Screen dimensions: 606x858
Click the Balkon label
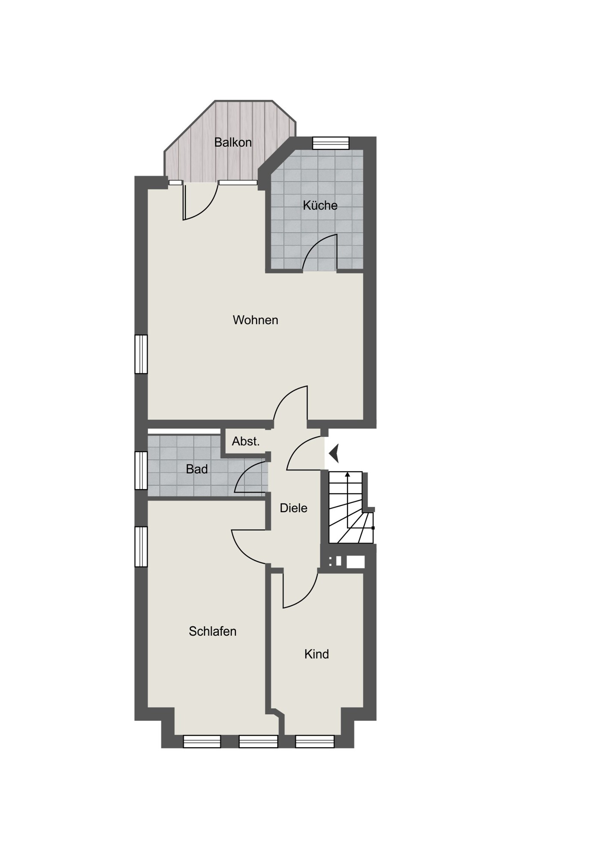pos(233,142)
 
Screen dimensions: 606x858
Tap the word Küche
pos(320,205)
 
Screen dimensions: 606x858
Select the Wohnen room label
pos(255,320)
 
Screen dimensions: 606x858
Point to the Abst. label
pos(246,441)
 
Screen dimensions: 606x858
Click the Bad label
pos(197,469)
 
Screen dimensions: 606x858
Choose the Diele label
pos(293,508)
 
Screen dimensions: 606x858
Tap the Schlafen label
pos(212,631)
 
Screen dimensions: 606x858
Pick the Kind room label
pos(317,654)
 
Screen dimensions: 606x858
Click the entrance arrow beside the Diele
pos(334,453)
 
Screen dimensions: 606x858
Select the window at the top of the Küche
pos(331,143)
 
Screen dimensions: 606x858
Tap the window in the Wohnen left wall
pos(141,354)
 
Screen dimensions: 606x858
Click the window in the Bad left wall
pos(141,471)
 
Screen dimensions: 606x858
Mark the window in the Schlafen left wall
pos(141,547)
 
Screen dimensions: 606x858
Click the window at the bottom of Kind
pos(315,742)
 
